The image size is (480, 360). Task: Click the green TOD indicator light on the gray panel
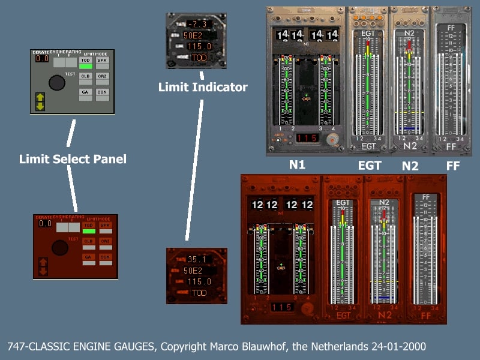click(86, 67)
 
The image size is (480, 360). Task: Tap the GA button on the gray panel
click(86, 91)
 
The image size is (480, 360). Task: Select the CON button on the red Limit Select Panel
click(105, 257)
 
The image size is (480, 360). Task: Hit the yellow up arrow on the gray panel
click(41, 97)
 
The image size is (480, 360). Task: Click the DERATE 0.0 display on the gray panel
click(42, 59)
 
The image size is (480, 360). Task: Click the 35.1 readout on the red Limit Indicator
click(197, 260)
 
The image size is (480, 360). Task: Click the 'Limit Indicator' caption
click(203, 88)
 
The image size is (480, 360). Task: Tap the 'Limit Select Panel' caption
click(73, 160)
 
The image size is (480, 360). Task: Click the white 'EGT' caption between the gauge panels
click(368, 166)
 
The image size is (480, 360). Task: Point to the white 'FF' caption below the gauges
click(452, 166)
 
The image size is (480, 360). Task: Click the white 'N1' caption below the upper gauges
click(297, 166)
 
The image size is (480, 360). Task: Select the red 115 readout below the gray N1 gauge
click(307, 138)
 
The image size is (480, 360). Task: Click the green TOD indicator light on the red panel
click(89, 232)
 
